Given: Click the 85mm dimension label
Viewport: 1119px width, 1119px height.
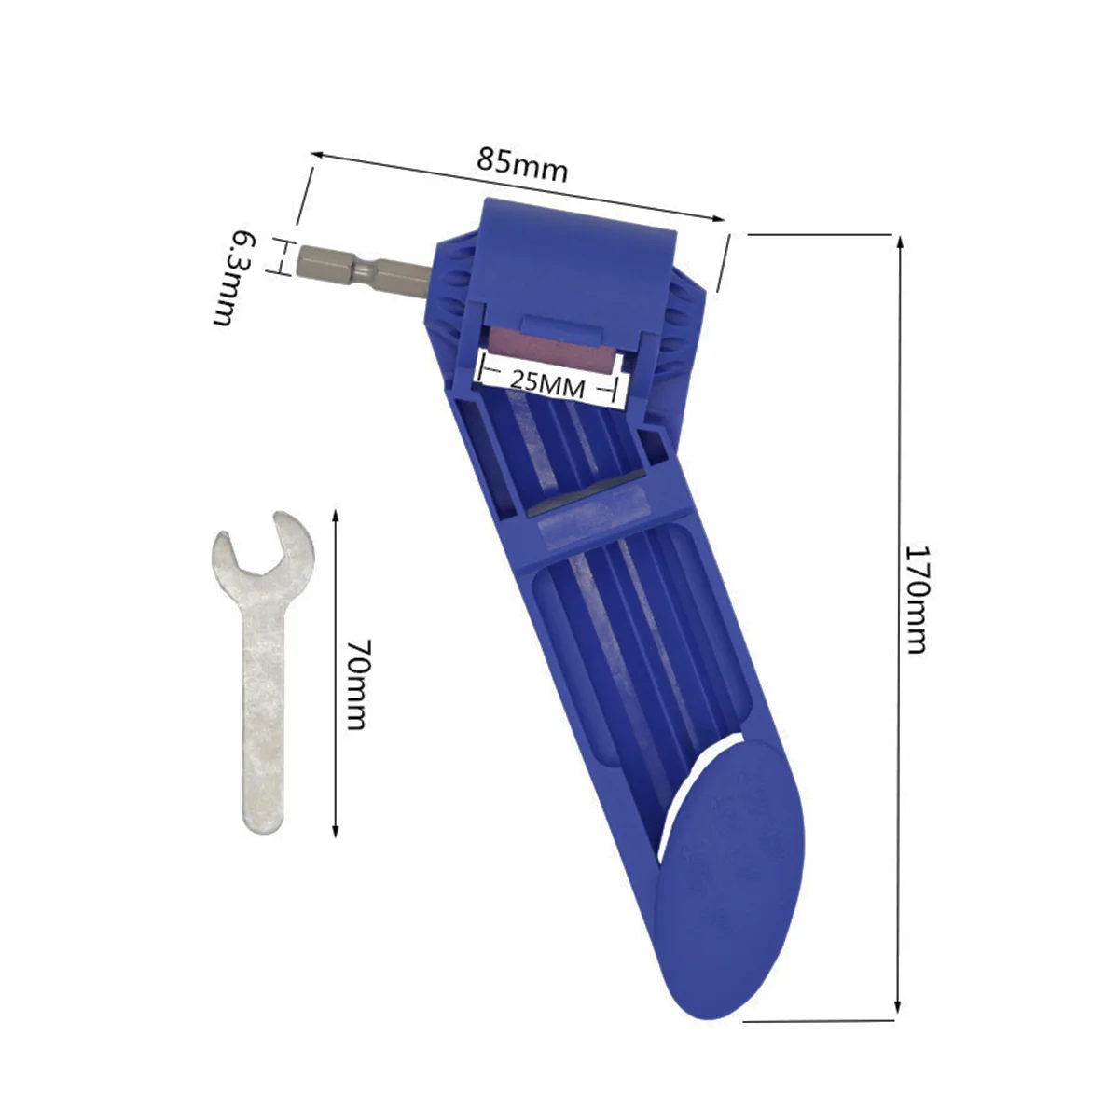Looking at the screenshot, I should coord(522,167).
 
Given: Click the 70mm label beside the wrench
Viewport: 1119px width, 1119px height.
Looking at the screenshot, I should coord(355,684).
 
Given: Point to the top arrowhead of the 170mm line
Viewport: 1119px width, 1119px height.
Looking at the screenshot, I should coord(900,242).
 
